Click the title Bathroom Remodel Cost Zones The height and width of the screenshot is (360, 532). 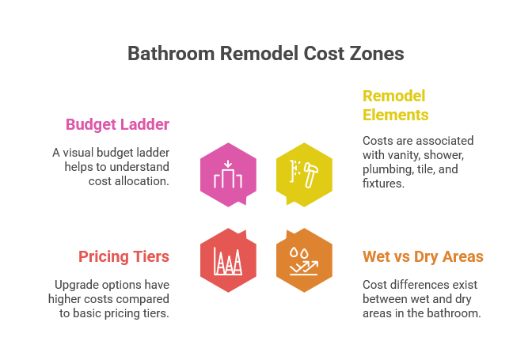tap(266, 53)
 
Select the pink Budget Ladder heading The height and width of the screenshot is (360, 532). tap(117, 124)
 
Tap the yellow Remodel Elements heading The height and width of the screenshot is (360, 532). tap(395, 105)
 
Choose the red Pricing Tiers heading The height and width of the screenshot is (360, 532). tap(123, 256)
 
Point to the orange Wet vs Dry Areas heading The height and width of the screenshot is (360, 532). tap(423, 256)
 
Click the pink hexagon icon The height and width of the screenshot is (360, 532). tap(228, 175)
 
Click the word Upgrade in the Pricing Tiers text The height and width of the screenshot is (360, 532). tap(77, 284)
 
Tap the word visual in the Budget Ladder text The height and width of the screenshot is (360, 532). tap(85, 152)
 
